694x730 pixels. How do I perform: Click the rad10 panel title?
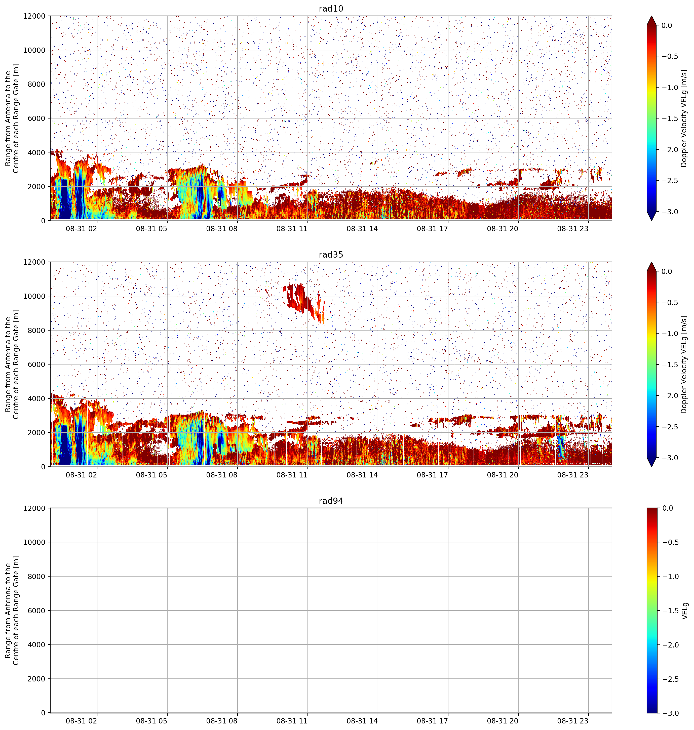[331, 9]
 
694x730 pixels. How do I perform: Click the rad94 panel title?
[331, 501]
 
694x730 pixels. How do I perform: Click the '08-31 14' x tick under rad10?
[362, 229]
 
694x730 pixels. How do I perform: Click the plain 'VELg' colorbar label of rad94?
[685, 610]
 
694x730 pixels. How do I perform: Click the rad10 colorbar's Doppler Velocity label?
[684, 118]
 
